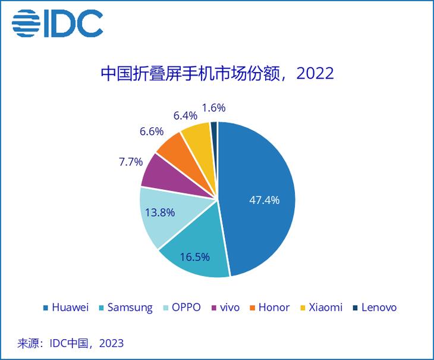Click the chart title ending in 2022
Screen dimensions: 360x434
pos(217,74)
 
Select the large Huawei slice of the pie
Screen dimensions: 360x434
pos(262,179)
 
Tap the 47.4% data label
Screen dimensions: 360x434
pos(264,200)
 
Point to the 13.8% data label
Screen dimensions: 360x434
pos(159,212)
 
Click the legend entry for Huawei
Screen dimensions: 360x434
pos(65,308)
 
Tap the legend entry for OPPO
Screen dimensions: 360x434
pos(181,308)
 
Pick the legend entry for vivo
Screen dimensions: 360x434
pos(225,308)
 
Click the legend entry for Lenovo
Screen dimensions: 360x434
pos(374,308)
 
